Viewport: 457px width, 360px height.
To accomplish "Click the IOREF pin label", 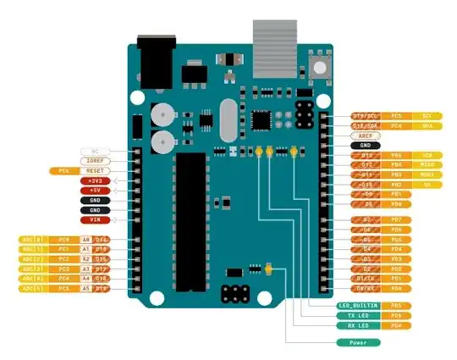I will pos(95,160).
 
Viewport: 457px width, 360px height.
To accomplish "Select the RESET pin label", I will pos(95,170).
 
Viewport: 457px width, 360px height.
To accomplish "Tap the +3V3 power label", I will pos(95,180).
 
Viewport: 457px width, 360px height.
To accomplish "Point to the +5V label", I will pos(95,191).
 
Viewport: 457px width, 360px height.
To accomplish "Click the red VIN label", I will pos(95,220).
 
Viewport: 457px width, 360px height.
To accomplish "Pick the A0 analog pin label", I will pos(85,241).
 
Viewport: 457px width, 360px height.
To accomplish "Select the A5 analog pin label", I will pos(85,289).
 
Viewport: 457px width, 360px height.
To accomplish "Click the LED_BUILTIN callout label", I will pos(358,305).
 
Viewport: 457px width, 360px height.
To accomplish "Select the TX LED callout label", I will pos(358,315).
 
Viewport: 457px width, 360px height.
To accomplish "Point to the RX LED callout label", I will pos(358,325).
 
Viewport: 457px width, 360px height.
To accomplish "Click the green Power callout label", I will pos(358,342).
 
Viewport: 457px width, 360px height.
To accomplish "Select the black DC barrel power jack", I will pos(154,61).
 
